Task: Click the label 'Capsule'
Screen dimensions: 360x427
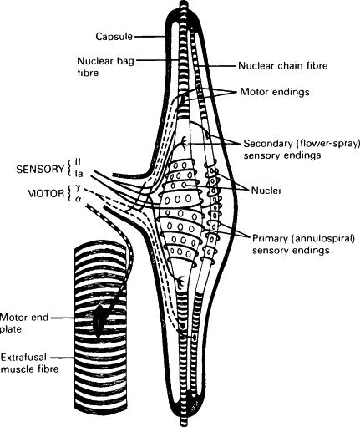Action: [x=114, y=37]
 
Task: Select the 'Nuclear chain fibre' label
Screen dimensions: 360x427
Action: [x=283, y=66]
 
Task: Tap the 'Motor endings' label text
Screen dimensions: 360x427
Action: [x=275, y=92]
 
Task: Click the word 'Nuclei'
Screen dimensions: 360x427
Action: [x=266, y=191]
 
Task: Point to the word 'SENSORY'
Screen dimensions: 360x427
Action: [x=40, y=170]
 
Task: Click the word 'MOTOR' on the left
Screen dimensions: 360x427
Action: [x=46, y=193]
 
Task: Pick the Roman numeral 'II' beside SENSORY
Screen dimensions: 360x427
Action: [x=78, y=162]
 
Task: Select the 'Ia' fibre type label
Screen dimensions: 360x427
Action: [x=79, y=174]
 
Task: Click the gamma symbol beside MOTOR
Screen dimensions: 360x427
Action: [x=78, y=188]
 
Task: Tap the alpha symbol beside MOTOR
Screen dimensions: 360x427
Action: [x=78, y=199]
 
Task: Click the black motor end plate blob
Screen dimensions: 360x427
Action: [x=99, y=320]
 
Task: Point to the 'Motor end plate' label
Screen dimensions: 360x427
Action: [x=24, y=323]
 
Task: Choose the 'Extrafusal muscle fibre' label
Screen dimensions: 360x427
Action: [x=29, y=363]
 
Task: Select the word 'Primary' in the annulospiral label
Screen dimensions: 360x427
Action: [x=270, y=239]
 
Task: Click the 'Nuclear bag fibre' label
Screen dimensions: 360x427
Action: [x=105, y=67]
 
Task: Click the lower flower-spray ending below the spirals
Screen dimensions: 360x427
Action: [x=181, y=282]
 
